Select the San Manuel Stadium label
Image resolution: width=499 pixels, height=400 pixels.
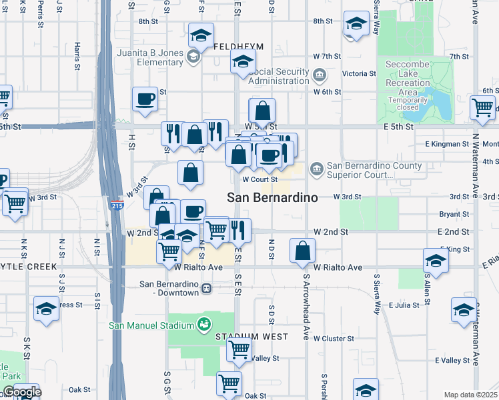151,325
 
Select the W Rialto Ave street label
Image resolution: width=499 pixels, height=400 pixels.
198,267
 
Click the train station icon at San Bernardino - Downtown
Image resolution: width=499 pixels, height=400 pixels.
207,289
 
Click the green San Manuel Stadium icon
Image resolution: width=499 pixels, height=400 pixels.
204,325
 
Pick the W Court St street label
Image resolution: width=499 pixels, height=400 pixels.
260,179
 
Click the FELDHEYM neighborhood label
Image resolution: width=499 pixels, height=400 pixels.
239,47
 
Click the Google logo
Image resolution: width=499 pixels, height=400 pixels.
21,392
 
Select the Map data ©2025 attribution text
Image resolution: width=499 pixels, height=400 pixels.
470,395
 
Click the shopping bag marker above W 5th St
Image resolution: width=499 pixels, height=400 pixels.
263,111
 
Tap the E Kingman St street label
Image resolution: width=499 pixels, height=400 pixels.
447,144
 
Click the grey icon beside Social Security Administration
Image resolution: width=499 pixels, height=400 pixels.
319,74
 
